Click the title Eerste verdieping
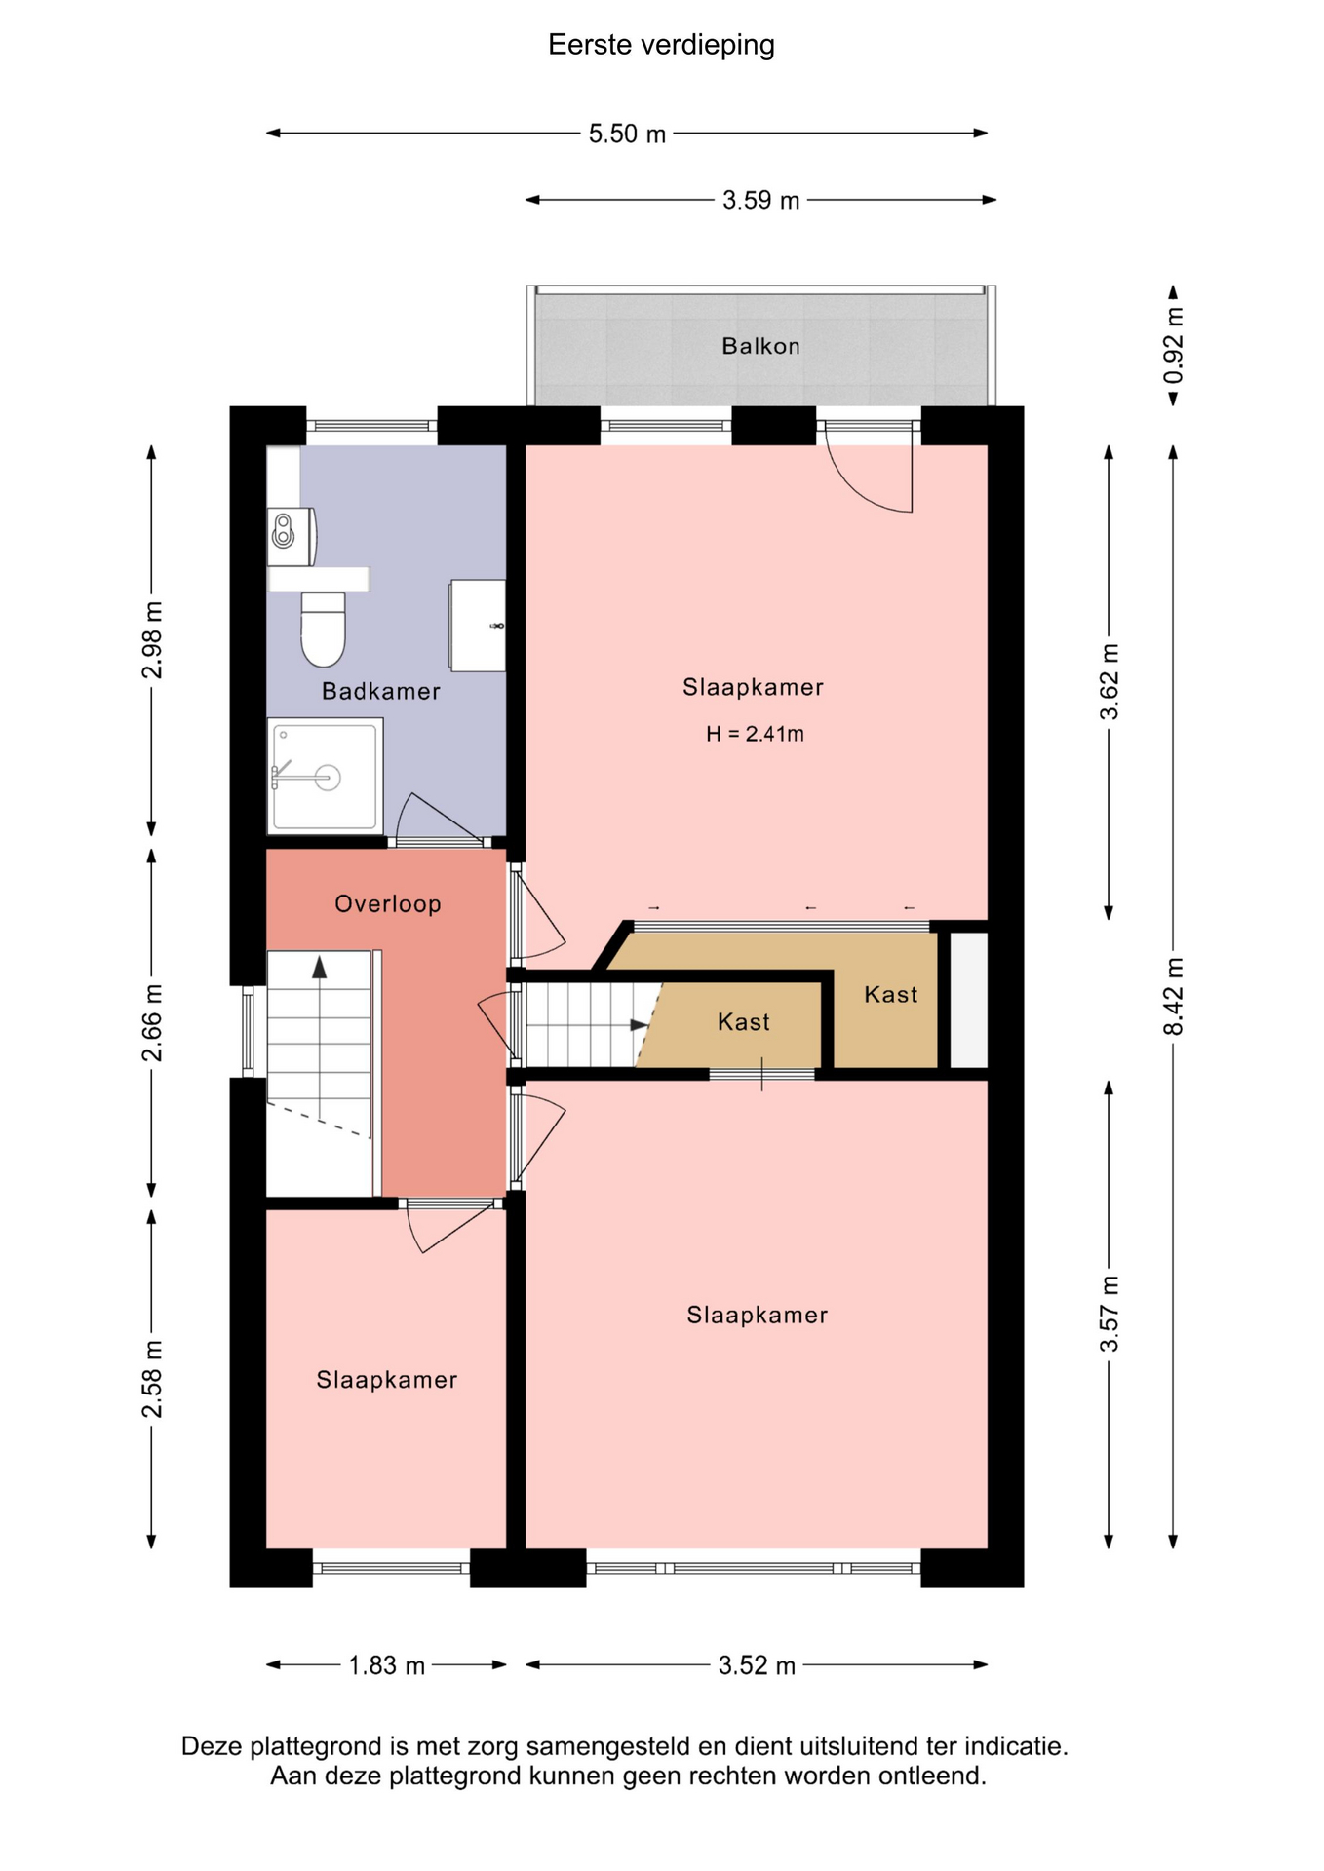(661, 45)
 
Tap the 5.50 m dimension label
(627, 134)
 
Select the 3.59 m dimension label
(760, 200)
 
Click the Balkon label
(760, 346)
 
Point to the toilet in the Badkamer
(323, 629)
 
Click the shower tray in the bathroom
(325, 777)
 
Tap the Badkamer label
(381, 691)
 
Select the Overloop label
(388, 904)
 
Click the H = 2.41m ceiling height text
(755, 734)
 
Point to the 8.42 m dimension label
(1174, 997)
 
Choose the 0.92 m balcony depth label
(1174, 346)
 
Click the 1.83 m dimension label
(387, 1665)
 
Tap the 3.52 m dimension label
(757, 1665)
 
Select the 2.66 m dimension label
(152, 1023)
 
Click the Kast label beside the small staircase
(744, 1022)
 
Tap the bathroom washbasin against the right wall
(478, 626)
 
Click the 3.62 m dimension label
(1110, 682)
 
